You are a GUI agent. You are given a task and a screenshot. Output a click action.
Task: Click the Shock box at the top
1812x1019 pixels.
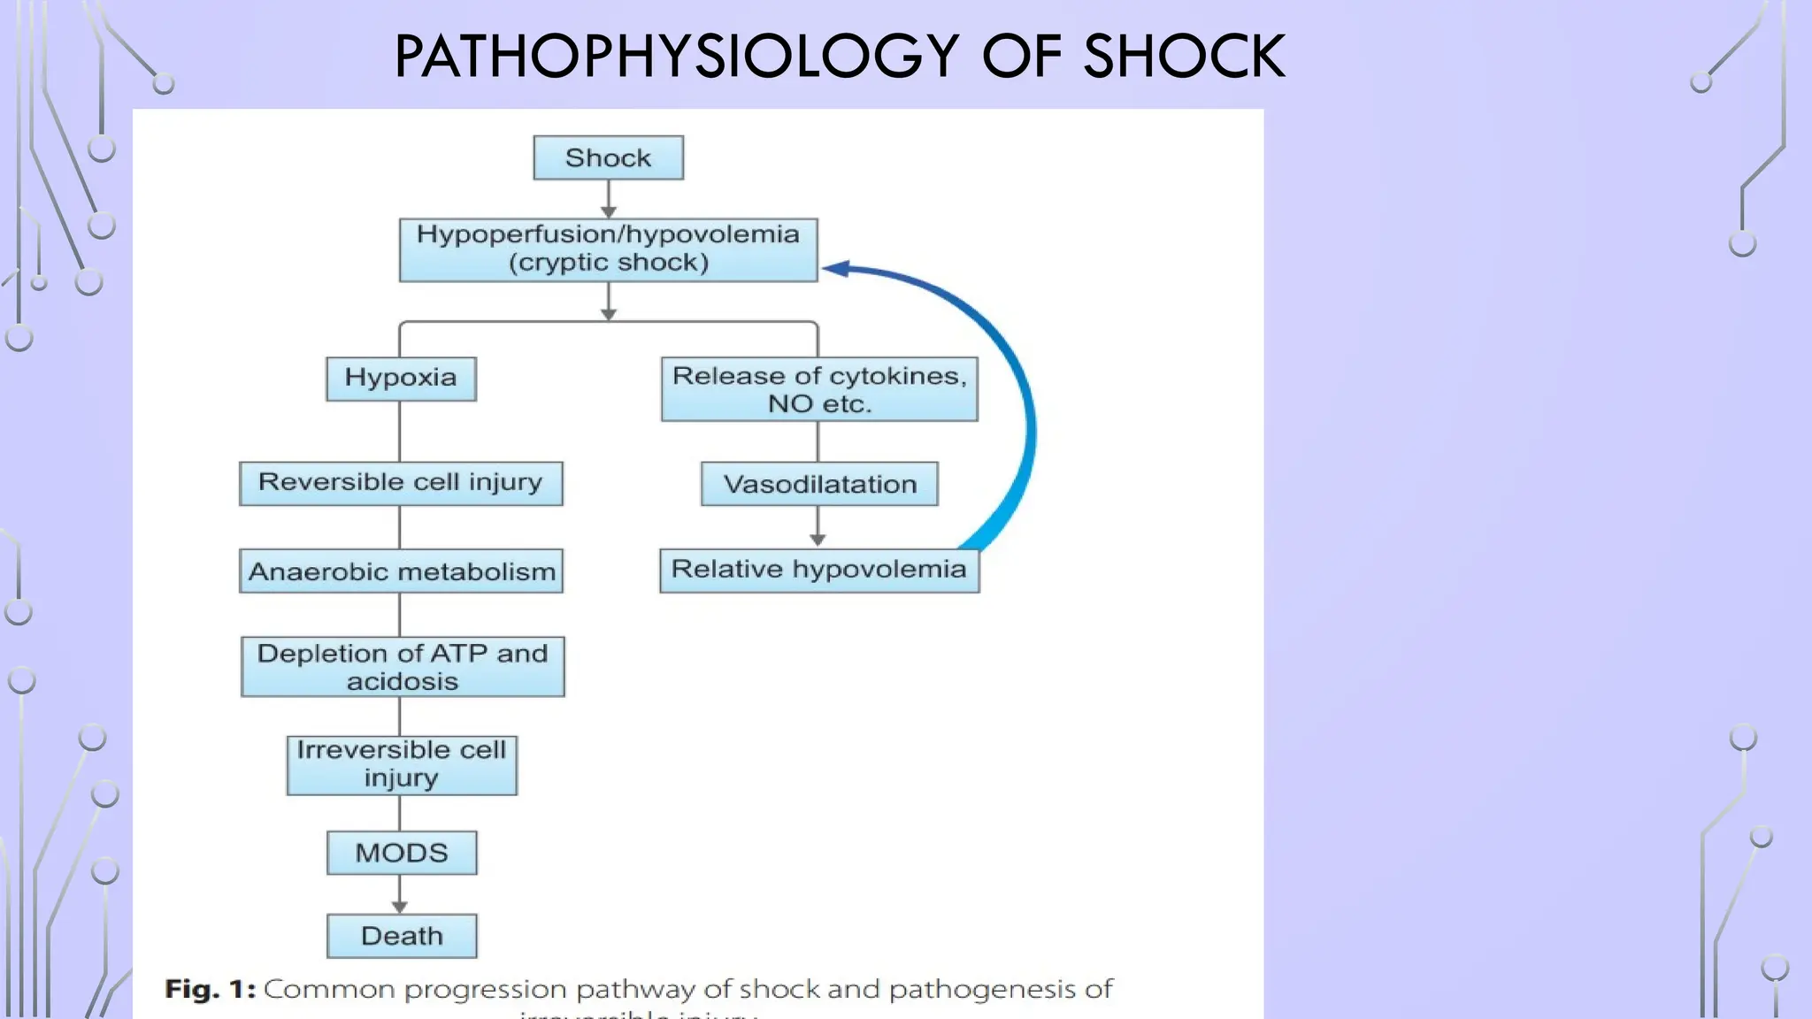point(608,157)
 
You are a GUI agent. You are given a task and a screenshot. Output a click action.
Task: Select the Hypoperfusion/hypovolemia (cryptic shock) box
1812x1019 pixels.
point(608,249)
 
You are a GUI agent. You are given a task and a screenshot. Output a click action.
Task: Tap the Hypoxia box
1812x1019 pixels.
point(401,379)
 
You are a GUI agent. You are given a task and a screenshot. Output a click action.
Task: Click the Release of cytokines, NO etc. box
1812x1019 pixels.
point(819,389)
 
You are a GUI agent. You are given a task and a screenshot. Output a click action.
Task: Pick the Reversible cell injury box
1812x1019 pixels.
point(401,483)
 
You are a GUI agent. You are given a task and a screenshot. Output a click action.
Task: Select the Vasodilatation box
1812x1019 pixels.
point(819,484)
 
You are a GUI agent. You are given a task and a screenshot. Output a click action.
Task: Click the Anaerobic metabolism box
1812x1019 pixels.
point(401,571)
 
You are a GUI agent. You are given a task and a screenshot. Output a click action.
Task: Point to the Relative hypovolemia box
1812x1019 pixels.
point(819,570)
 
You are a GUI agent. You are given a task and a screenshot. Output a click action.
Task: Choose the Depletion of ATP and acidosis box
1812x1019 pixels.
point(403,667)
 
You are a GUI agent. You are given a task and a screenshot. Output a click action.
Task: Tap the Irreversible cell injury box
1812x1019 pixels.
point(402,765)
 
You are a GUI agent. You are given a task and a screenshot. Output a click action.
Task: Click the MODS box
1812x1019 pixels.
point(402,853)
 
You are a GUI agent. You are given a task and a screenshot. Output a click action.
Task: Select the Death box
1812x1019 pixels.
point(402,936)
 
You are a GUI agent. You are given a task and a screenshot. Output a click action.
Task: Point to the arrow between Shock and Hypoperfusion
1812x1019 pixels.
point(609,200)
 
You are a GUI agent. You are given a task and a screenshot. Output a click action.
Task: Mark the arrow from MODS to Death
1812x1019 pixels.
point(400,894)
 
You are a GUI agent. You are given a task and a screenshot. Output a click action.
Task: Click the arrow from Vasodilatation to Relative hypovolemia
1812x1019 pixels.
point(818,527)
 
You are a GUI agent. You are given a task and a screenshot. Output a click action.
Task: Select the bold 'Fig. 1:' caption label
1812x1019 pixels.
point(211,989)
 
